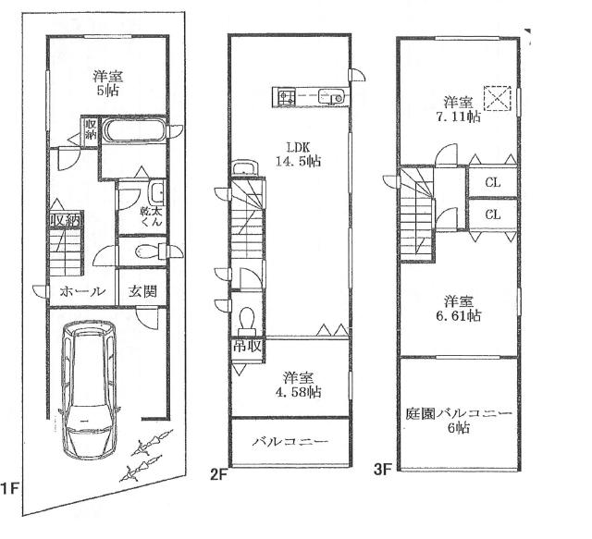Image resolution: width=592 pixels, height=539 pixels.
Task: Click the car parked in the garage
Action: click(x=89, y=390)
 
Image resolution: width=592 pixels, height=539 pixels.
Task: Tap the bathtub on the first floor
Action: click(x=133, y=129)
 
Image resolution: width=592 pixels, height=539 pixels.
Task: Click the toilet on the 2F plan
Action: click(x=247, y=321)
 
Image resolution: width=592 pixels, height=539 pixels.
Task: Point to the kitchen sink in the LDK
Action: click(x=331, y=96)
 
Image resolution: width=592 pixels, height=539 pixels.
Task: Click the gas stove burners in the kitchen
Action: click(x=287, y=97)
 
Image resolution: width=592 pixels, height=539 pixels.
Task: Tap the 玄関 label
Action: click(x=142, y=291)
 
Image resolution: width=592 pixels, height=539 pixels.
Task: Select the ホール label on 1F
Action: click(x=82, y=291)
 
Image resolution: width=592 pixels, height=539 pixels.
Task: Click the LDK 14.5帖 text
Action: click(x=298, y=154)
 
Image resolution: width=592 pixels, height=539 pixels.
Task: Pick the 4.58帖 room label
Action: click(x=298, y=385)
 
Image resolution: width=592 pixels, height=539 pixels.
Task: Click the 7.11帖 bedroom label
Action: click(x=459, y=109)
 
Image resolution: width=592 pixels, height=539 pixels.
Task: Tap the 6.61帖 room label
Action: click(x=459, y=309)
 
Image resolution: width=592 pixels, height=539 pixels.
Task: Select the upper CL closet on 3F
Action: click(x=493, y=183)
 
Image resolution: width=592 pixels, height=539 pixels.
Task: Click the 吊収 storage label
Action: click(x=248, y=346)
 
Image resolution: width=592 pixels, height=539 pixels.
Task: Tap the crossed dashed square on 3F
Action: click(x=498, y=99)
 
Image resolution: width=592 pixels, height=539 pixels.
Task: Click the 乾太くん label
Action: click(x=152, y=215)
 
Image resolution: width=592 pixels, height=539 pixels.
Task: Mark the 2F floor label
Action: click(x=219, y=474)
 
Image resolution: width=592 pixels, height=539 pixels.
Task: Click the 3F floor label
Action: click(x=383, y=470)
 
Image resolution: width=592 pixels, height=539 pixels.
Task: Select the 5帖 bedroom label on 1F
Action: click(x=108, y=83)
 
